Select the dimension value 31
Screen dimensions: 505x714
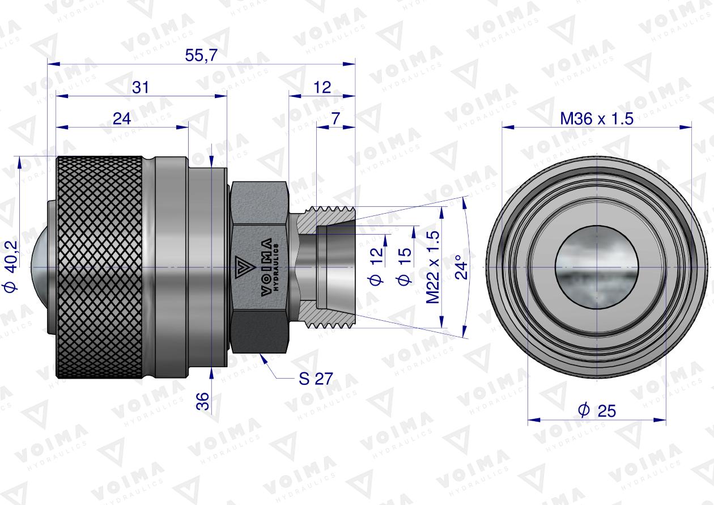tap(141, 87)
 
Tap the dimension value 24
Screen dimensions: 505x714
tap(122, 118)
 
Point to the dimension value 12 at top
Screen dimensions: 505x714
tap(321, 87)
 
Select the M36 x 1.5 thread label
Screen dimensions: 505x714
tap(596, 118)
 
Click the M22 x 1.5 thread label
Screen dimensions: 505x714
tap(433, 267)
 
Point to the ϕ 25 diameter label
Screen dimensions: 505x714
tap(596, 410)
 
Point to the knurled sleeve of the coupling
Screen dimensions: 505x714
tap(100, 266)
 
